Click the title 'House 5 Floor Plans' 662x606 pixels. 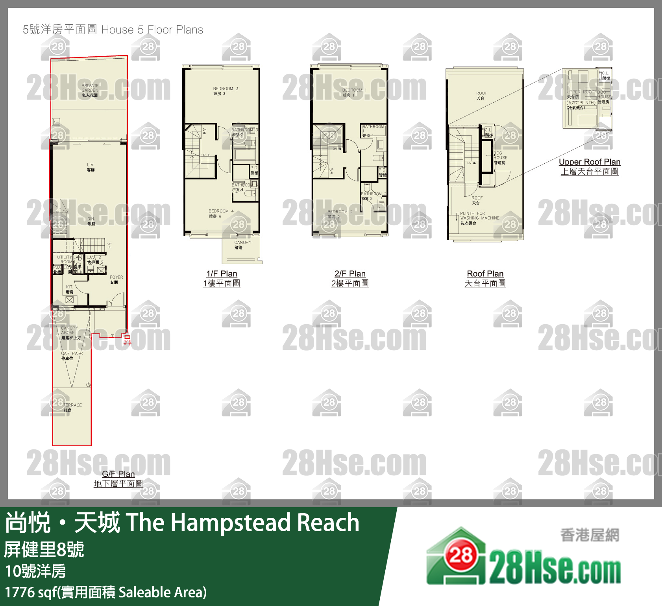152,30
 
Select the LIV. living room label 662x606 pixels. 91,167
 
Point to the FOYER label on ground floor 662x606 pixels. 116,279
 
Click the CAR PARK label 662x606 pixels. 72,356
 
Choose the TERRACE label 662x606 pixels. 72,407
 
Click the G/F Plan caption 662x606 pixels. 118,474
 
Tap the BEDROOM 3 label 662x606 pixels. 225,91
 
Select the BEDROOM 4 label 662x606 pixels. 221,213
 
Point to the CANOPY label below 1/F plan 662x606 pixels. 242,245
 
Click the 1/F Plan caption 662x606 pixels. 222,274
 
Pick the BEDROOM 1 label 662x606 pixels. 354,92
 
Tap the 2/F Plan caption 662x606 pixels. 350,274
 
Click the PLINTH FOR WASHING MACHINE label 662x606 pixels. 479,218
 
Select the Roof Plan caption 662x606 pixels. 485,274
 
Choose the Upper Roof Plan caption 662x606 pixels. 589,162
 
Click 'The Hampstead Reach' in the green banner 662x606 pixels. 242,523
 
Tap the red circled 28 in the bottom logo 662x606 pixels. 461,555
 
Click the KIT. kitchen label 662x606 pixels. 69,289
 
